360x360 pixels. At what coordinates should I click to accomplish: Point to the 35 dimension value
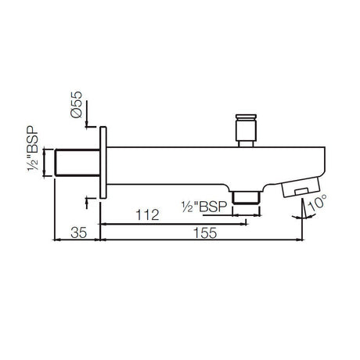(x=77, y=233)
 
